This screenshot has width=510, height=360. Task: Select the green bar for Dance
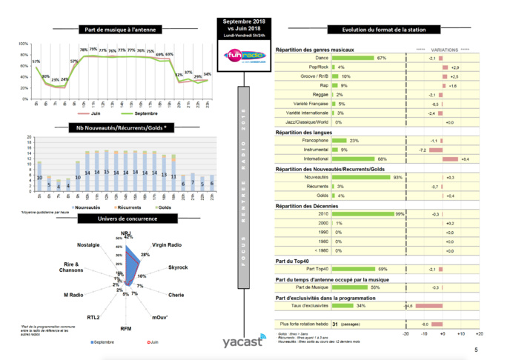point(354,58)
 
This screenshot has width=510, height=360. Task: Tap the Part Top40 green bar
point(354,269)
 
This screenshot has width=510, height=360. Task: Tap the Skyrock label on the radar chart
point(177,266)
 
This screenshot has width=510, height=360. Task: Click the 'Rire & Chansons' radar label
point(74,268)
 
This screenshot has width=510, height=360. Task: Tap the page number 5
point(475,348)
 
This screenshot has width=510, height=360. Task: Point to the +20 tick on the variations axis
point(479,334)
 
